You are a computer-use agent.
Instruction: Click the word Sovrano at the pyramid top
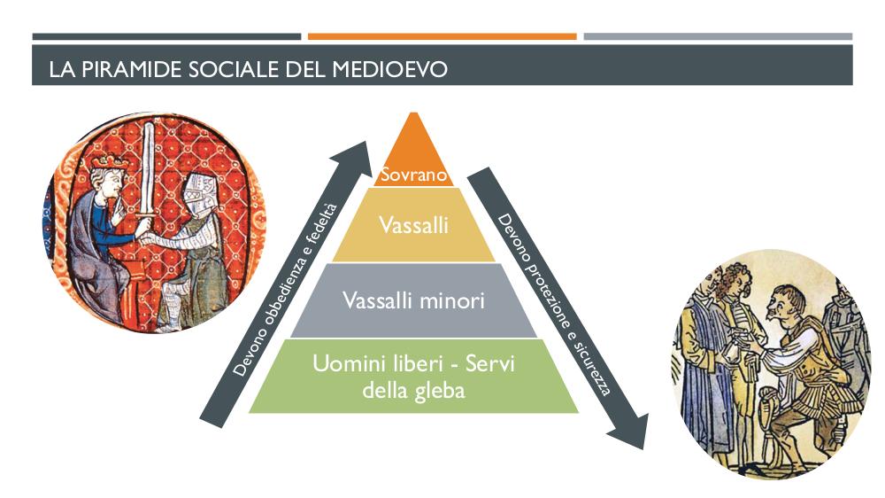pyautogui.click(x=413, y=175)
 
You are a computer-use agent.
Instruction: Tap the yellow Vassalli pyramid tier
pyautogui.click(x=413, y=225)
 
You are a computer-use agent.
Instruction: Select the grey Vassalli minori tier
pyautogui.click(x=413, y=300)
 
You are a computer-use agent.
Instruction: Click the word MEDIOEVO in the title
pyautogui.click(x=389, y=69)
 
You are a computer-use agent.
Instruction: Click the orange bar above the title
pyautogui.click(x=442, y=36)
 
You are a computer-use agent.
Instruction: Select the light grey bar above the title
pyautogui.click(x=718, y=36)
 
